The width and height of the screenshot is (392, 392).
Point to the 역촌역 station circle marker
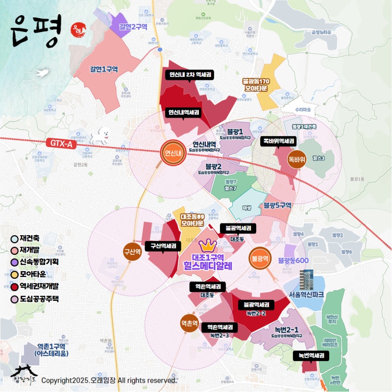pos(189,323)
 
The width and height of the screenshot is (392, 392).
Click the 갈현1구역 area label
pos(104,70)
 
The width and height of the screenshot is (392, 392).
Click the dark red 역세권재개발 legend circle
pos(16,287)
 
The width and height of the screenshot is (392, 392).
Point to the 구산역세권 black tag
pos(163,246)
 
